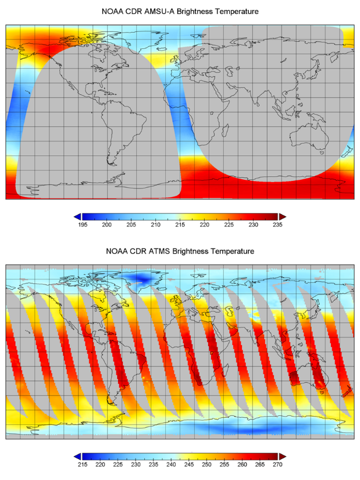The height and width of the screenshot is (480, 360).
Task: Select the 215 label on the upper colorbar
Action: pyautogui.click(x=180, y=225)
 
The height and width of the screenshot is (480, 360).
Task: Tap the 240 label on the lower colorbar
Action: pyautogui.click(x=171, y=464)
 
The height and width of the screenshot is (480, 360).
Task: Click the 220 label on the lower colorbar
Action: pyautogui.click(x=99, y=464)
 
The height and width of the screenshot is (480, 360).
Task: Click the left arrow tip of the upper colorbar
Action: pyautogui.click(x=77, y=216)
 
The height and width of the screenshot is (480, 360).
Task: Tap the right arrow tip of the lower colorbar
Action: pyautogui.click(x=283, y=456)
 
